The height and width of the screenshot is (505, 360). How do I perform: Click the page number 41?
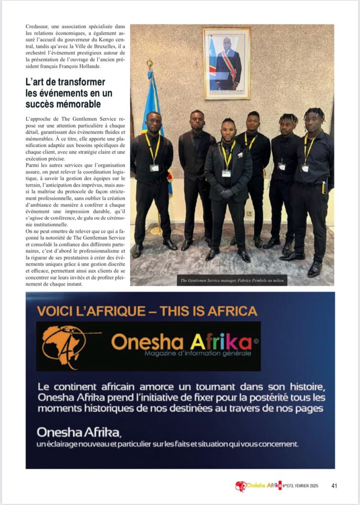(334, 486)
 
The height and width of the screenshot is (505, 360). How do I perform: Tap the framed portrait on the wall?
(226, 63)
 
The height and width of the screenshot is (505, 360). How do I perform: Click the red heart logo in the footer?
(240, 486)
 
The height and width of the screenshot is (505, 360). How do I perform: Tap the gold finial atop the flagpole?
(149, 63)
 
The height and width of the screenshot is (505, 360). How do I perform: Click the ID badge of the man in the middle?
(226, 173)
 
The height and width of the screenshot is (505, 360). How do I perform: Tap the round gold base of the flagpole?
(156, 230)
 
